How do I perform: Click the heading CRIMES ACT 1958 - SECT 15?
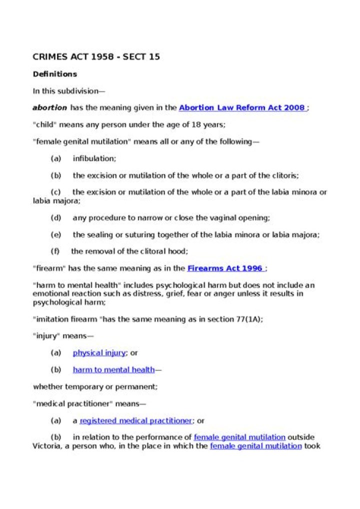pyautogui.click(x=96, y=57)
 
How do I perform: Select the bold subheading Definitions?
pyautogui.click(x=55, y=74)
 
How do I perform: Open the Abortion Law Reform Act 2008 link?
pyautogui.click(x=242, y=107)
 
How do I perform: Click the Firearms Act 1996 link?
pyautogui.click(x=224, y=268)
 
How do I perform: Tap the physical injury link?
pyautogui.click(x=99, y=353)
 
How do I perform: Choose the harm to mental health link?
pyautogui.click(x=113, y=370)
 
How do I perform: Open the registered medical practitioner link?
pyautogui.click(x=135, y=421)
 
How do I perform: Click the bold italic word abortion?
pyautogui.click(x=49, y=107)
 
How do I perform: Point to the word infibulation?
pyautogui.click(x=94, y=158)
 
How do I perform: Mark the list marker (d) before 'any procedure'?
pyautogui.click(x=56, y=218)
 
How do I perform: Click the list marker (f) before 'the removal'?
pyautogui.click(x=55, y=251)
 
